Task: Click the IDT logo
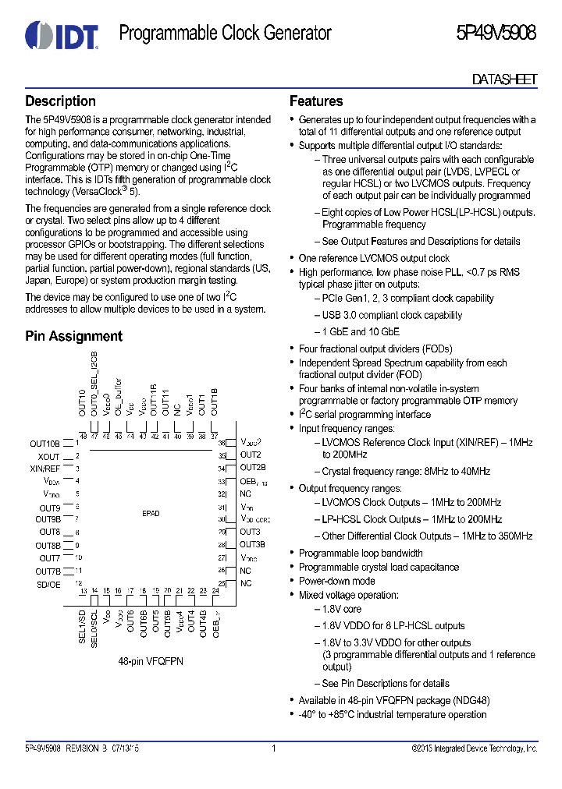(x=62, y=34)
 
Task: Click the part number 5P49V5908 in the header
(x=496, y=34)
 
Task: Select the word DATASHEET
(x=505, y=80)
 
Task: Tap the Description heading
(x=60, y=101)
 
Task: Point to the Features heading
(x=316, y=101)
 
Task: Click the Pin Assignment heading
(x=73, y=336)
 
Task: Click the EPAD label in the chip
(x=151, y=514)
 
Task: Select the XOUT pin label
(x=48, y=456)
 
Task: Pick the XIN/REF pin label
(x=44, y=469)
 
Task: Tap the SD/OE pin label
(x=48, y=583)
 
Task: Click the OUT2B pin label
(x=253, y=468)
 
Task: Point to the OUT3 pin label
(x=250, y=532)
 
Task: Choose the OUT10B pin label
(x=44, y=443)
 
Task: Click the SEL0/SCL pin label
(x=94, y=627)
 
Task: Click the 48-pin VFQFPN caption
(x=151, y=660)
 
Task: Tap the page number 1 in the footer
(x=274, y=748)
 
